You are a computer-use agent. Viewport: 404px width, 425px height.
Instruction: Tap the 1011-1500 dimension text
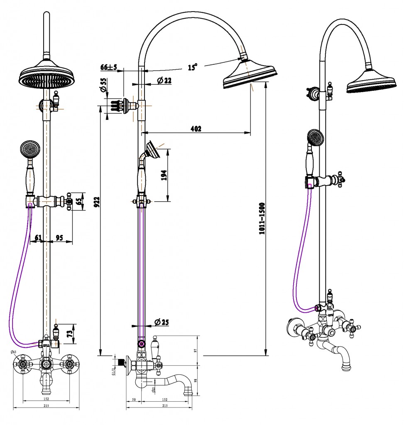click(262, 219)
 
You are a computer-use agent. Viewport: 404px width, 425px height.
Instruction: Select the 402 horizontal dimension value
click(196, 129)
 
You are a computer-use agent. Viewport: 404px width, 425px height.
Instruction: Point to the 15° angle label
click(193, 67)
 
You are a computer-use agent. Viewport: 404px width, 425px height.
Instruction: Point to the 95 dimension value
click(59, 238)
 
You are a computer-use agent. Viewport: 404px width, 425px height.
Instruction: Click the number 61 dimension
click(38, 238)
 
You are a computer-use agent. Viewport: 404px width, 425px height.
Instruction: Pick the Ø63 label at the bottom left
click(15, 352)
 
